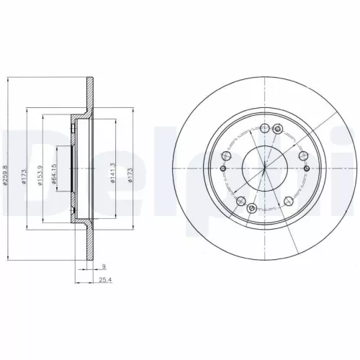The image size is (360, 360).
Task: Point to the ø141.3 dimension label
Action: click(113, 173)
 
